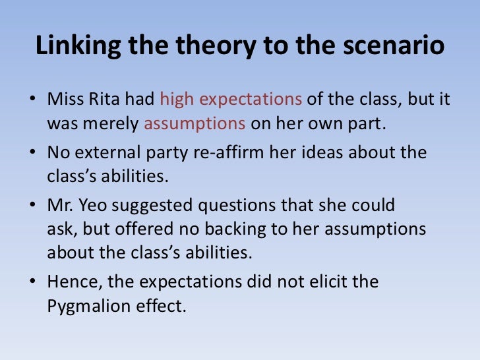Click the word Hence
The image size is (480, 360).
69,282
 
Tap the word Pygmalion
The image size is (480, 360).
88,305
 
